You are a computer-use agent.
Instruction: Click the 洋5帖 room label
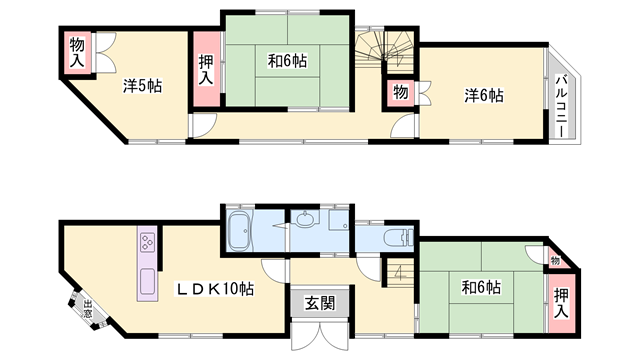[x=143, y=87]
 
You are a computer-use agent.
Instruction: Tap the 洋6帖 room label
[x=483, y=95]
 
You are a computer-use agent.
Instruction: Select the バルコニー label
[x=562, y=105]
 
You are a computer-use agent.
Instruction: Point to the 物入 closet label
[x=77, y=50]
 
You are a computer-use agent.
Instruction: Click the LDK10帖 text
[x=215, y=288]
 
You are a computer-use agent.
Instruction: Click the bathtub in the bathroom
[x=241, y=231]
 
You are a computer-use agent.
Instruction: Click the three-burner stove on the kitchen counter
[x=146, y=241]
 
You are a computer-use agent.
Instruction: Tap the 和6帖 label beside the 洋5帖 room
[x=287, y=61]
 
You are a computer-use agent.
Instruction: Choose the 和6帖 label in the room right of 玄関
[x=481, y=288]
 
